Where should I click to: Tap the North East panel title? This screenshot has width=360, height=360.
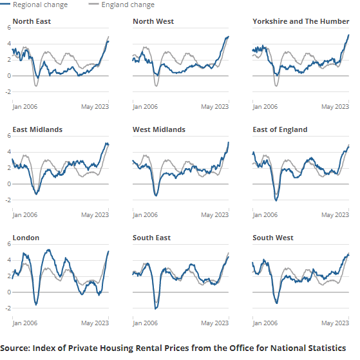coord(32,21)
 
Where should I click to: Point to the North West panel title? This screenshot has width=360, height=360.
coord(153,21)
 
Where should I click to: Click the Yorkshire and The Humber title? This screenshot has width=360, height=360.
coord(301,21)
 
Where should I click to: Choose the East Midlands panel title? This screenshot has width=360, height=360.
coord(37,129)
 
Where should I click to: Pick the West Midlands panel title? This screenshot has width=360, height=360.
coord(158,129)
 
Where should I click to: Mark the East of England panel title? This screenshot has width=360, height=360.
coord(280,129)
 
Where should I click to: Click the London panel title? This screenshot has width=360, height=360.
coord(26,238)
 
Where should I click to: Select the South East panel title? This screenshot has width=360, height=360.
coord(151,238)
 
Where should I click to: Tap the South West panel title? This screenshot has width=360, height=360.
coord(273,238)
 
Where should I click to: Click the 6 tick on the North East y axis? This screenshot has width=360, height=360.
coord(8,28)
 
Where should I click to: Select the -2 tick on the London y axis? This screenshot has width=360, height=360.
coord(6,308)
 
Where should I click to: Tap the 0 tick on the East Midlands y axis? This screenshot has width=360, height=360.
coord(8,184)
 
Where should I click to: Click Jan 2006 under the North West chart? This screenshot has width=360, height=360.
coord(146,106)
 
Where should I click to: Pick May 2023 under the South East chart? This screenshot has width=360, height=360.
coord(214,323)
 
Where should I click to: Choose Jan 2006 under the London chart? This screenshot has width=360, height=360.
coord(26,323)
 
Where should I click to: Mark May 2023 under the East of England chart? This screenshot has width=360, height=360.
coord(335,214)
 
